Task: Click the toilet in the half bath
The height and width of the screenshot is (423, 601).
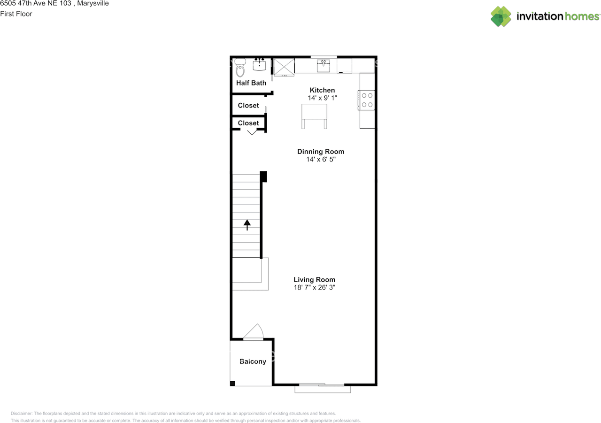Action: point(240,68)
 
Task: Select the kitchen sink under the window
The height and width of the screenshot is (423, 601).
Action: point(324,66)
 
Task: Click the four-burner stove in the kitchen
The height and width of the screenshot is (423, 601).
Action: point(367,100)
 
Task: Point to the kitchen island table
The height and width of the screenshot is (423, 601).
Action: point(314,113)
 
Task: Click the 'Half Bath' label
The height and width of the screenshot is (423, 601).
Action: point(251,83)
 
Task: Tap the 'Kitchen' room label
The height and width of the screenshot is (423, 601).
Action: point(322,90)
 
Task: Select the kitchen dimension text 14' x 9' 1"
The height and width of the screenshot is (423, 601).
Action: point(322,98)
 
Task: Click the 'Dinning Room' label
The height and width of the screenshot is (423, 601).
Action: point(321,152)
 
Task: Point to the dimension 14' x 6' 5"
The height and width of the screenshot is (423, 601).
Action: point(321,160)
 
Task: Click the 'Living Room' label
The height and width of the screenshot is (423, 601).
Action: point(315,280)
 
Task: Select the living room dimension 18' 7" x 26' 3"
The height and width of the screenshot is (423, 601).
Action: point(315,288)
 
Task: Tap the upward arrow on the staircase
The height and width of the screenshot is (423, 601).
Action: point(247,224)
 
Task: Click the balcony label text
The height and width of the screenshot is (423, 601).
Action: point(253,361)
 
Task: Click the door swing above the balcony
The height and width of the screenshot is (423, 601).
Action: point(254,332)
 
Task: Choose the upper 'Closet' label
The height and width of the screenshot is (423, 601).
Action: point(248,106)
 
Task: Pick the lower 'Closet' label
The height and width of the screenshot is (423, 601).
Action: point(248,123)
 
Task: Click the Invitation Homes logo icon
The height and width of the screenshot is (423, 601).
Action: point(501,16)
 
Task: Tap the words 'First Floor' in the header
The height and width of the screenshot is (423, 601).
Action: point(16,14)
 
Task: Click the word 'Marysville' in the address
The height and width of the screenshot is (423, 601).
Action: point(93,3)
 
